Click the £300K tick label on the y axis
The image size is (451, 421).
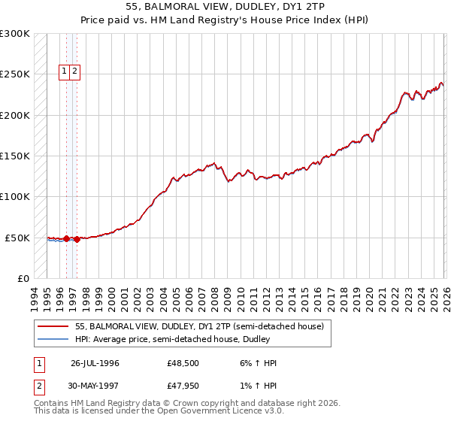click(15, 34)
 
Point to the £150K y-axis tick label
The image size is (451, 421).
click(15, 156)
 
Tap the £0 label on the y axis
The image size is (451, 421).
click(23, 279)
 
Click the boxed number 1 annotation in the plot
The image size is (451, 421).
click(65, 72)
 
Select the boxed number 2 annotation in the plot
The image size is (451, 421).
click(77, 72)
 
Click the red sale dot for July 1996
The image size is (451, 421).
click(66, 239)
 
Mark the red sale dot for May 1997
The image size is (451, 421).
click(77, 239)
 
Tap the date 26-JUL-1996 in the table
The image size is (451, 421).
click(95, 363)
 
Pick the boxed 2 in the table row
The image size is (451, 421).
click(38, 387)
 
